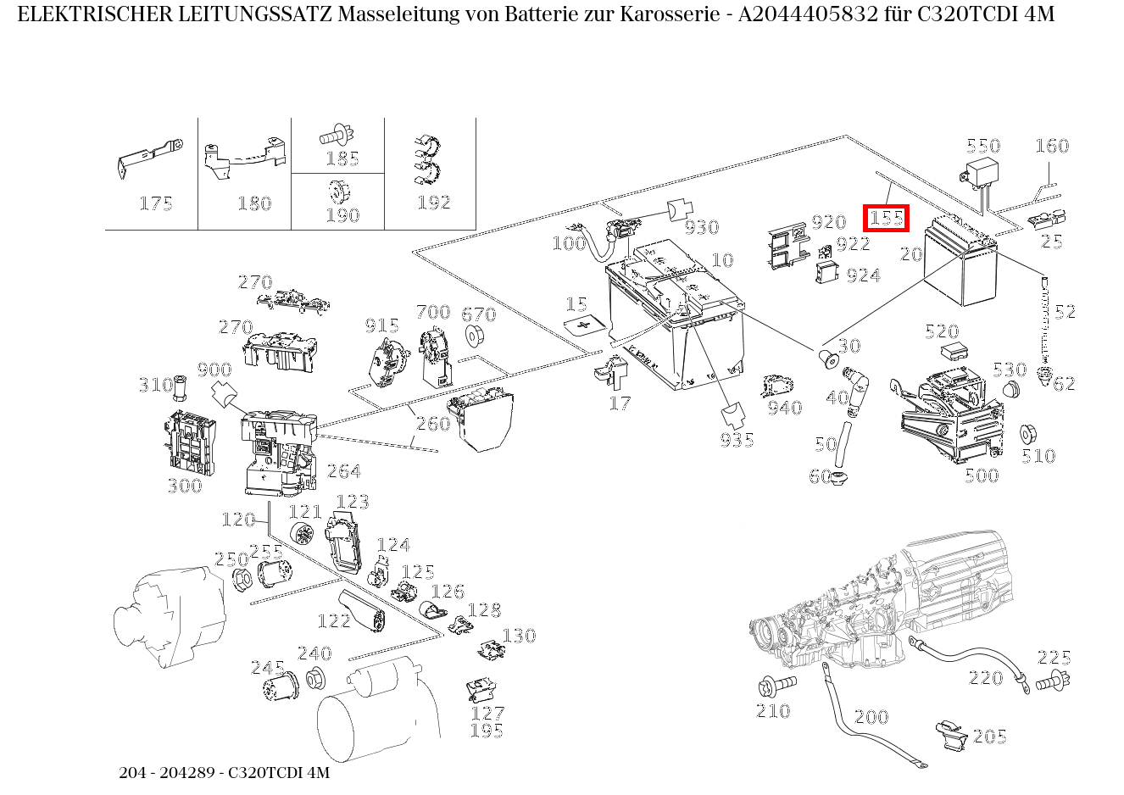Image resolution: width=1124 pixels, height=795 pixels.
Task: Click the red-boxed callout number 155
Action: (x=886, y=218)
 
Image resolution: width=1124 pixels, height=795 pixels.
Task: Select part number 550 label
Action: (x=983, y=146)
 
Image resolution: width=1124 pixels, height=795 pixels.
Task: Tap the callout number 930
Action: (x=701, y=227)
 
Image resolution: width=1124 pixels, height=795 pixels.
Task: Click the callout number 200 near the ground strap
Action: (x=871, y=717)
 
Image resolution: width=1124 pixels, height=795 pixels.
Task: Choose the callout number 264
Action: (x=344, y=471)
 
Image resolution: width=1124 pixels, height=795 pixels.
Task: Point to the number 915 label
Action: (x=381, y=326)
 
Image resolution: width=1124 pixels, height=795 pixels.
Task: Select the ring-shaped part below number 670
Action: (x=477, y=335)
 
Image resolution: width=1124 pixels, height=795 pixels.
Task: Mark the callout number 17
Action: (x=620, y=403)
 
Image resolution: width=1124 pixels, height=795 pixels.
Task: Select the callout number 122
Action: (x=333, y=621)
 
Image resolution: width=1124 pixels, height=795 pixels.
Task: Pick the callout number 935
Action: (x=737, y=440)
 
